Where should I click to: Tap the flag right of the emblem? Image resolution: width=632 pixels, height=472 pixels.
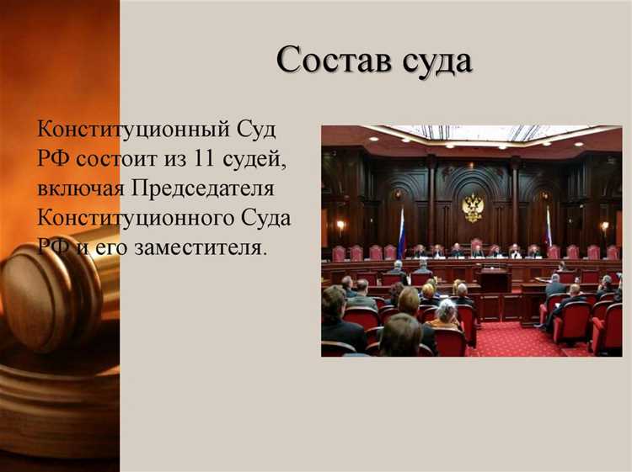pos(548,226)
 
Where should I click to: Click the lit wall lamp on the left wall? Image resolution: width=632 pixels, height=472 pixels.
pos(341,225)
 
